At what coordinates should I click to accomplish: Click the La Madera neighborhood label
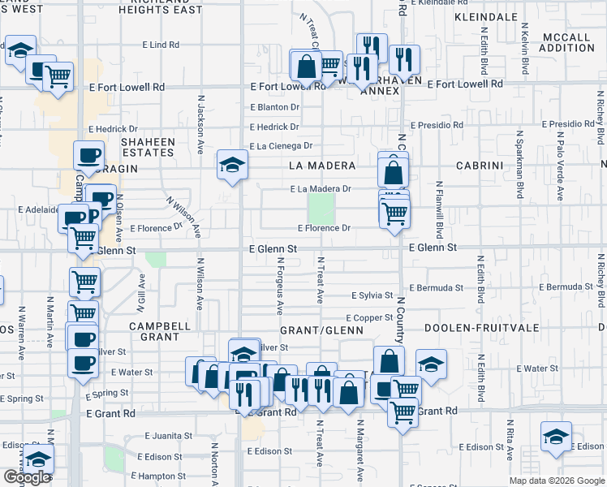tap(322, 166)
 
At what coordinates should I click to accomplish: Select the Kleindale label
tap(485, 16)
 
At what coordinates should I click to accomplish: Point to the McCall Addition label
tap(566, 43)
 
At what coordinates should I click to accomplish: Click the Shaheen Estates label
tap(148, 147)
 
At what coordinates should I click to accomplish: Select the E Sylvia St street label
tap(372, 296)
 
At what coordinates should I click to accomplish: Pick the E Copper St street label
tap(369, 317)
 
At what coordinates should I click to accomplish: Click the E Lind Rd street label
tap(159, 45)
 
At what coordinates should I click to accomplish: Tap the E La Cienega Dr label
tap(281, 146)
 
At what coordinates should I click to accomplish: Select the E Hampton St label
tap(163, 476)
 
